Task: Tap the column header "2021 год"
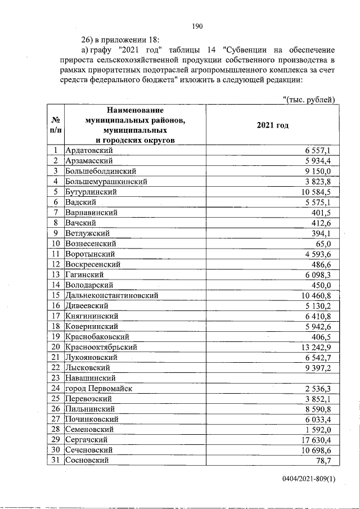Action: click(x=272, y=125)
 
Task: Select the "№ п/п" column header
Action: click(x=56, y=125)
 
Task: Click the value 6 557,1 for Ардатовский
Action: click(x=319, y=151)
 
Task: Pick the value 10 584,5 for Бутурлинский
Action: click(x=318, y=192)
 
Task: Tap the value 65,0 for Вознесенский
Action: click(x=324, y=244)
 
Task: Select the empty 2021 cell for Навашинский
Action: click(x=272, y=377)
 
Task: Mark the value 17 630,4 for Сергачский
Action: click(x=318, y=439)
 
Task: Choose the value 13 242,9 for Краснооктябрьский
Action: click(x=318, y=346)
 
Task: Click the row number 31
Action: click(x=56, y=460)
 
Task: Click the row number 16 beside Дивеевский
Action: click(x=56, y=305)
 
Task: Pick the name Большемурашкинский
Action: click(x=106, y=182)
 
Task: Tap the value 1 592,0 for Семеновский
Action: click(x=321, y=429)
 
